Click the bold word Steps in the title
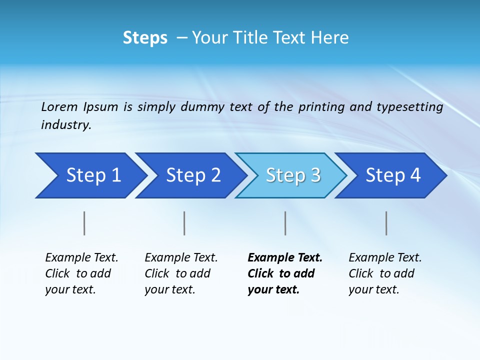(x=145, y=38)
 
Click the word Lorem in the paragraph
(x=59, y=106)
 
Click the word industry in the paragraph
(x=66, y=125)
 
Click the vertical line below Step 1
(x=84, y=223)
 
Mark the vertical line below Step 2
(x=184, y=223)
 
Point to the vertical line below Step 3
(x=285, y=223)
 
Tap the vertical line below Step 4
(x=386, y=223)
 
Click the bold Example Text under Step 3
(x=285, y=257)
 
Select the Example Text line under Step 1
(x=81, y=257)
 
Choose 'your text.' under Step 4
(x=373, y=289)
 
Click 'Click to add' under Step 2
(x=177, y=273)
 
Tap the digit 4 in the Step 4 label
(x=414, y=175)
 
